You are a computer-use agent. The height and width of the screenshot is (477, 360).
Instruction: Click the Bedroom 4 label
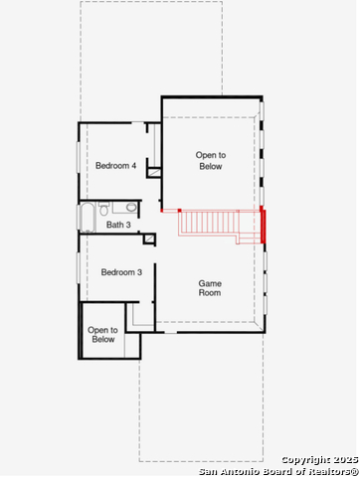point(115,166)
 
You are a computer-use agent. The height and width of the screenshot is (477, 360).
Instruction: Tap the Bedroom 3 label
point(121,272)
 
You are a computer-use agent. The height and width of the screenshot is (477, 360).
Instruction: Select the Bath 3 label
point(118,225)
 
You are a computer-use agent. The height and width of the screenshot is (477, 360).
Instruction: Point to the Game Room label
point(210,288)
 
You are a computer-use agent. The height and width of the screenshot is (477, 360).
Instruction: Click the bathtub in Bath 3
point(89,217)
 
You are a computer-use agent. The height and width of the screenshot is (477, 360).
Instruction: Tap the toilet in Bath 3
point(104,209)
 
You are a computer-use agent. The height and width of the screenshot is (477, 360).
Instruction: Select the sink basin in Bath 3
point(131,208)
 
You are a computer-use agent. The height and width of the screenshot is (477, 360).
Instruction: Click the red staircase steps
point(209,224)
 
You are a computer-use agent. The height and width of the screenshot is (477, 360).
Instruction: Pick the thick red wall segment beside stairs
point(263,225)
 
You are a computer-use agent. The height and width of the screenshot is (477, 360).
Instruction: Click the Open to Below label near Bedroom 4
point(211,161)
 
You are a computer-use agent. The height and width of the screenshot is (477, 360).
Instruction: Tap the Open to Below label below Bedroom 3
point(102,335)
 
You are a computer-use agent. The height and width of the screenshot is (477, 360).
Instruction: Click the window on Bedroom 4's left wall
point(79,157)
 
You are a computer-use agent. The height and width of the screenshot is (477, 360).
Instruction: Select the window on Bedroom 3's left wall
point(79,268)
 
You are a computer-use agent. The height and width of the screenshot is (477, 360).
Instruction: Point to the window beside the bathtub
point(79,217)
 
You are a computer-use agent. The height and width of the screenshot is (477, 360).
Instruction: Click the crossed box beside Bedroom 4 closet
point(154,173)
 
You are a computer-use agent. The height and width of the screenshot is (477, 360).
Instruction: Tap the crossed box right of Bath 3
point(149,238)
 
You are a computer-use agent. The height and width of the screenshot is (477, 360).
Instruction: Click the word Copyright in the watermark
point(306,460)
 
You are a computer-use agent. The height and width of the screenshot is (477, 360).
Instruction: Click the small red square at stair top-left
point(179,211)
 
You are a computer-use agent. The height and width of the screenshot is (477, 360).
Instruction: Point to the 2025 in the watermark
point(346,459)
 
